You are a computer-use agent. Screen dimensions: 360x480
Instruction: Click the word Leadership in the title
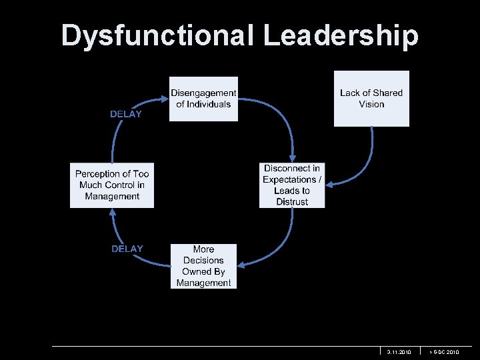(341, 35)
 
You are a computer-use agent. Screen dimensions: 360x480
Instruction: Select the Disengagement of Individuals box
(203, 99)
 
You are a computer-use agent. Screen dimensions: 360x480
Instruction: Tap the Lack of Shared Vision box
(371, 99)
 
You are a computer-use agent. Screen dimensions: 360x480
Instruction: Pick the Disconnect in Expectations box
(292, 185)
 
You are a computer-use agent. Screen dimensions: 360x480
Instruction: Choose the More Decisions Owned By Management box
(203, 266)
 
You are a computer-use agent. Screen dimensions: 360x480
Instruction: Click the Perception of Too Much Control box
(112, 185)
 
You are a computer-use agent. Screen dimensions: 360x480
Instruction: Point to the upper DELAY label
(126, 114)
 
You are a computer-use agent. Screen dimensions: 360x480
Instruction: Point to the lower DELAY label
(127, 249)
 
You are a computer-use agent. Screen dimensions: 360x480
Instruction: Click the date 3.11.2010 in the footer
(399, 351)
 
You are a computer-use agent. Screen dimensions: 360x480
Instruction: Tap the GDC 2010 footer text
(444, 351)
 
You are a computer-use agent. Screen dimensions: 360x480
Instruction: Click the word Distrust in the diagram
(292, 202)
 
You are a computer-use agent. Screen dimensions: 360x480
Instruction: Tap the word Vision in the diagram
(371, 105)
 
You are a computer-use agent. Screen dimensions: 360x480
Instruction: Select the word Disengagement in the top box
(203, 93)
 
